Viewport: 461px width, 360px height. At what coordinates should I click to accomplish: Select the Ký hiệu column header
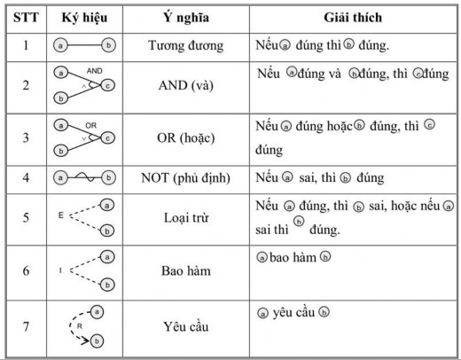click(85, 17)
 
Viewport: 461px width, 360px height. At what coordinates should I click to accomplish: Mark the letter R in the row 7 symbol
click(81, 325)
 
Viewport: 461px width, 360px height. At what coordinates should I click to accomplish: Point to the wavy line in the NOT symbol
click(85, 177)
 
